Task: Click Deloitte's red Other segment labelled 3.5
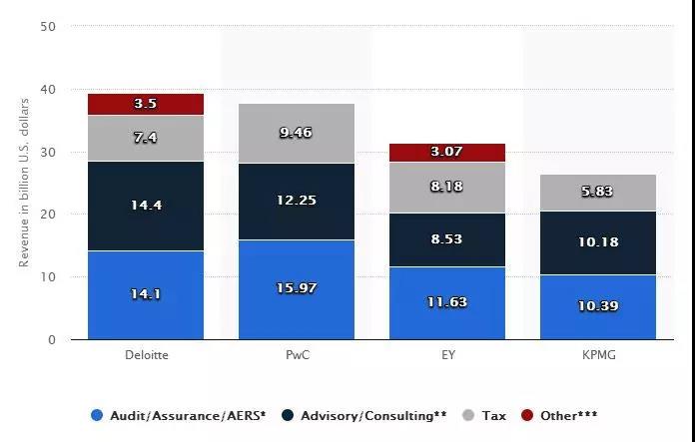(x=146, y=104)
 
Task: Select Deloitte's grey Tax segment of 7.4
(x=146, y=138)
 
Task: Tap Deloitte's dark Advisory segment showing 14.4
(x=146, y=206)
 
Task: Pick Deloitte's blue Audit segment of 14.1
(x=146, y=294)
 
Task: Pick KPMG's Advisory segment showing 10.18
(x=597, y=242)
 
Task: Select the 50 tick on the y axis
(x=48, y=27)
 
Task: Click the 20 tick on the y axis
(x=48, y=215)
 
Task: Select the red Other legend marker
(x=528, y=415)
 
